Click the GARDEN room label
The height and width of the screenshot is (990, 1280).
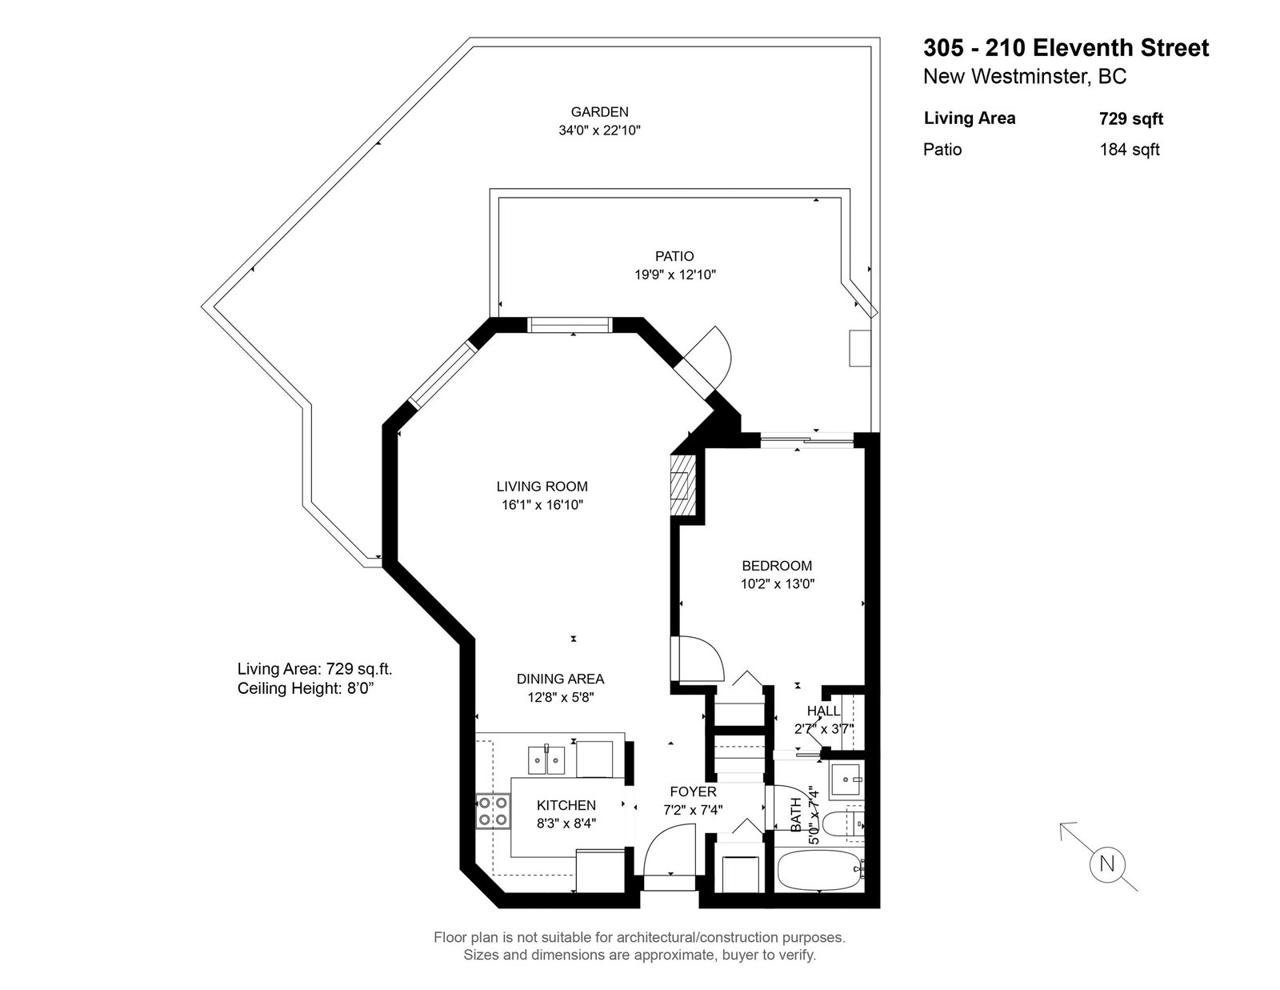pos(599,112)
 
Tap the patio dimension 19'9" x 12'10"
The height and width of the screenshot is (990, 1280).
pos(674,275)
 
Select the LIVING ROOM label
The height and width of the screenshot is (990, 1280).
pos(542,486)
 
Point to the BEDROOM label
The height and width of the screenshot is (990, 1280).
pos(777,566)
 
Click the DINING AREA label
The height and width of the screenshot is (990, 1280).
pos(560,679)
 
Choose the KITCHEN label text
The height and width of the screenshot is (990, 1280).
pos(566,805)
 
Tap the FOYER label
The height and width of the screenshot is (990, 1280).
pos(693,792)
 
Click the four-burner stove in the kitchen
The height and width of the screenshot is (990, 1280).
pos(493,812)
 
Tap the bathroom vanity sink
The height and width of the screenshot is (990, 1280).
pos(846,780)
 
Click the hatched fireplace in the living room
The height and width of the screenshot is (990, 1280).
pos(683,486)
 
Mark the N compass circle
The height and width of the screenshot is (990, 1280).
pos(1107,864)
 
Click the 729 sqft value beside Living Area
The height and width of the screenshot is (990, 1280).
pos(1131,119)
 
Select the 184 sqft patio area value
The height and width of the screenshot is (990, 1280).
pos(1130,150)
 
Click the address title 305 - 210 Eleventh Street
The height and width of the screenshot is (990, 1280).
pos(1066,48)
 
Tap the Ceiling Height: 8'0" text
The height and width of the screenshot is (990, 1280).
pos(306,688)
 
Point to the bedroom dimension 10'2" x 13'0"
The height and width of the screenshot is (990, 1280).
pos(778,584)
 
